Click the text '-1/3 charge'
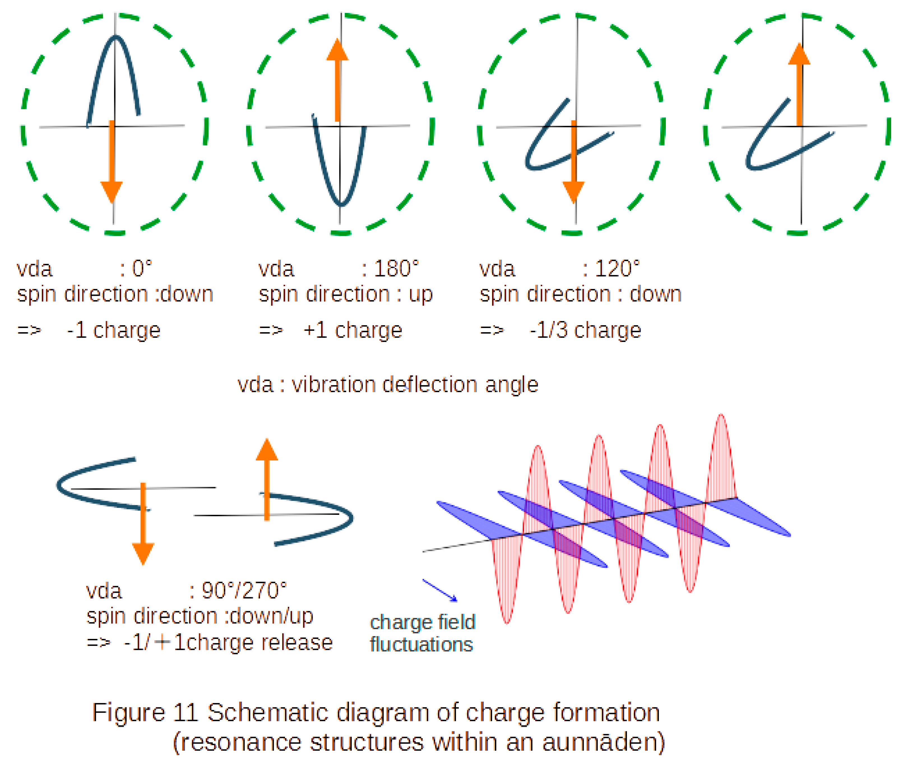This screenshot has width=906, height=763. click(585, 331)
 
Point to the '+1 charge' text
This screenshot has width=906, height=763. click(353, 331)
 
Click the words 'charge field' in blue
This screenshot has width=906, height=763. click(423, 622)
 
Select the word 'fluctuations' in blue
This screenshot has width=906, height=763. click(421, 645)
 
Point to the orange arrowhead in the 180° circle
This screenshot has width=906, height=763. click(337, 50)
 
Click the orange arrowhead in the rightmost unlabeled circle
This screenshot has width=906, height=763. click(799, 54)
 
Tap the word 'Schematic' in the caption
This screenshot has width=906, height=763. click(268, 712)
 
